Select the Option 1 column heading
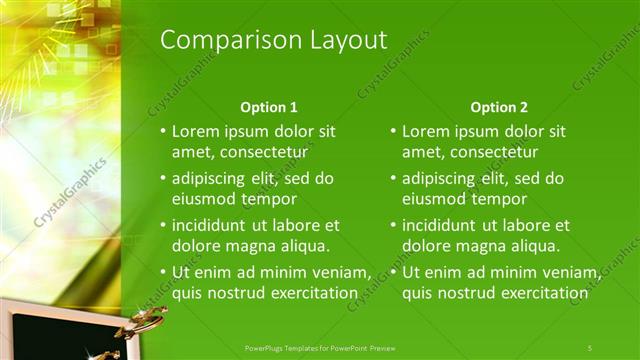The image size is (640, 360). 269,107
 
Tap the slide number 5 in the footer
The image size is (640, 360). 590,347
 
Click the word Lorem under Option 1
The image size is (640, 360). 196,131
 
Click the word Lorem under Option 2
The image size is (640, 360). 426,131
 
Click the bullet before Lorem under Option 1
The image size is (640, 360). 162,132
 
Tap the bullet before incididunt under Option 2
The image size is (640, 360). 392,226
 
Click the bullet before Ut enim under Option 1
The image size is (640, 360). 162,273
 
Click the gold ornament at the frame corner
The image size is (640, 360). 143,322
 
